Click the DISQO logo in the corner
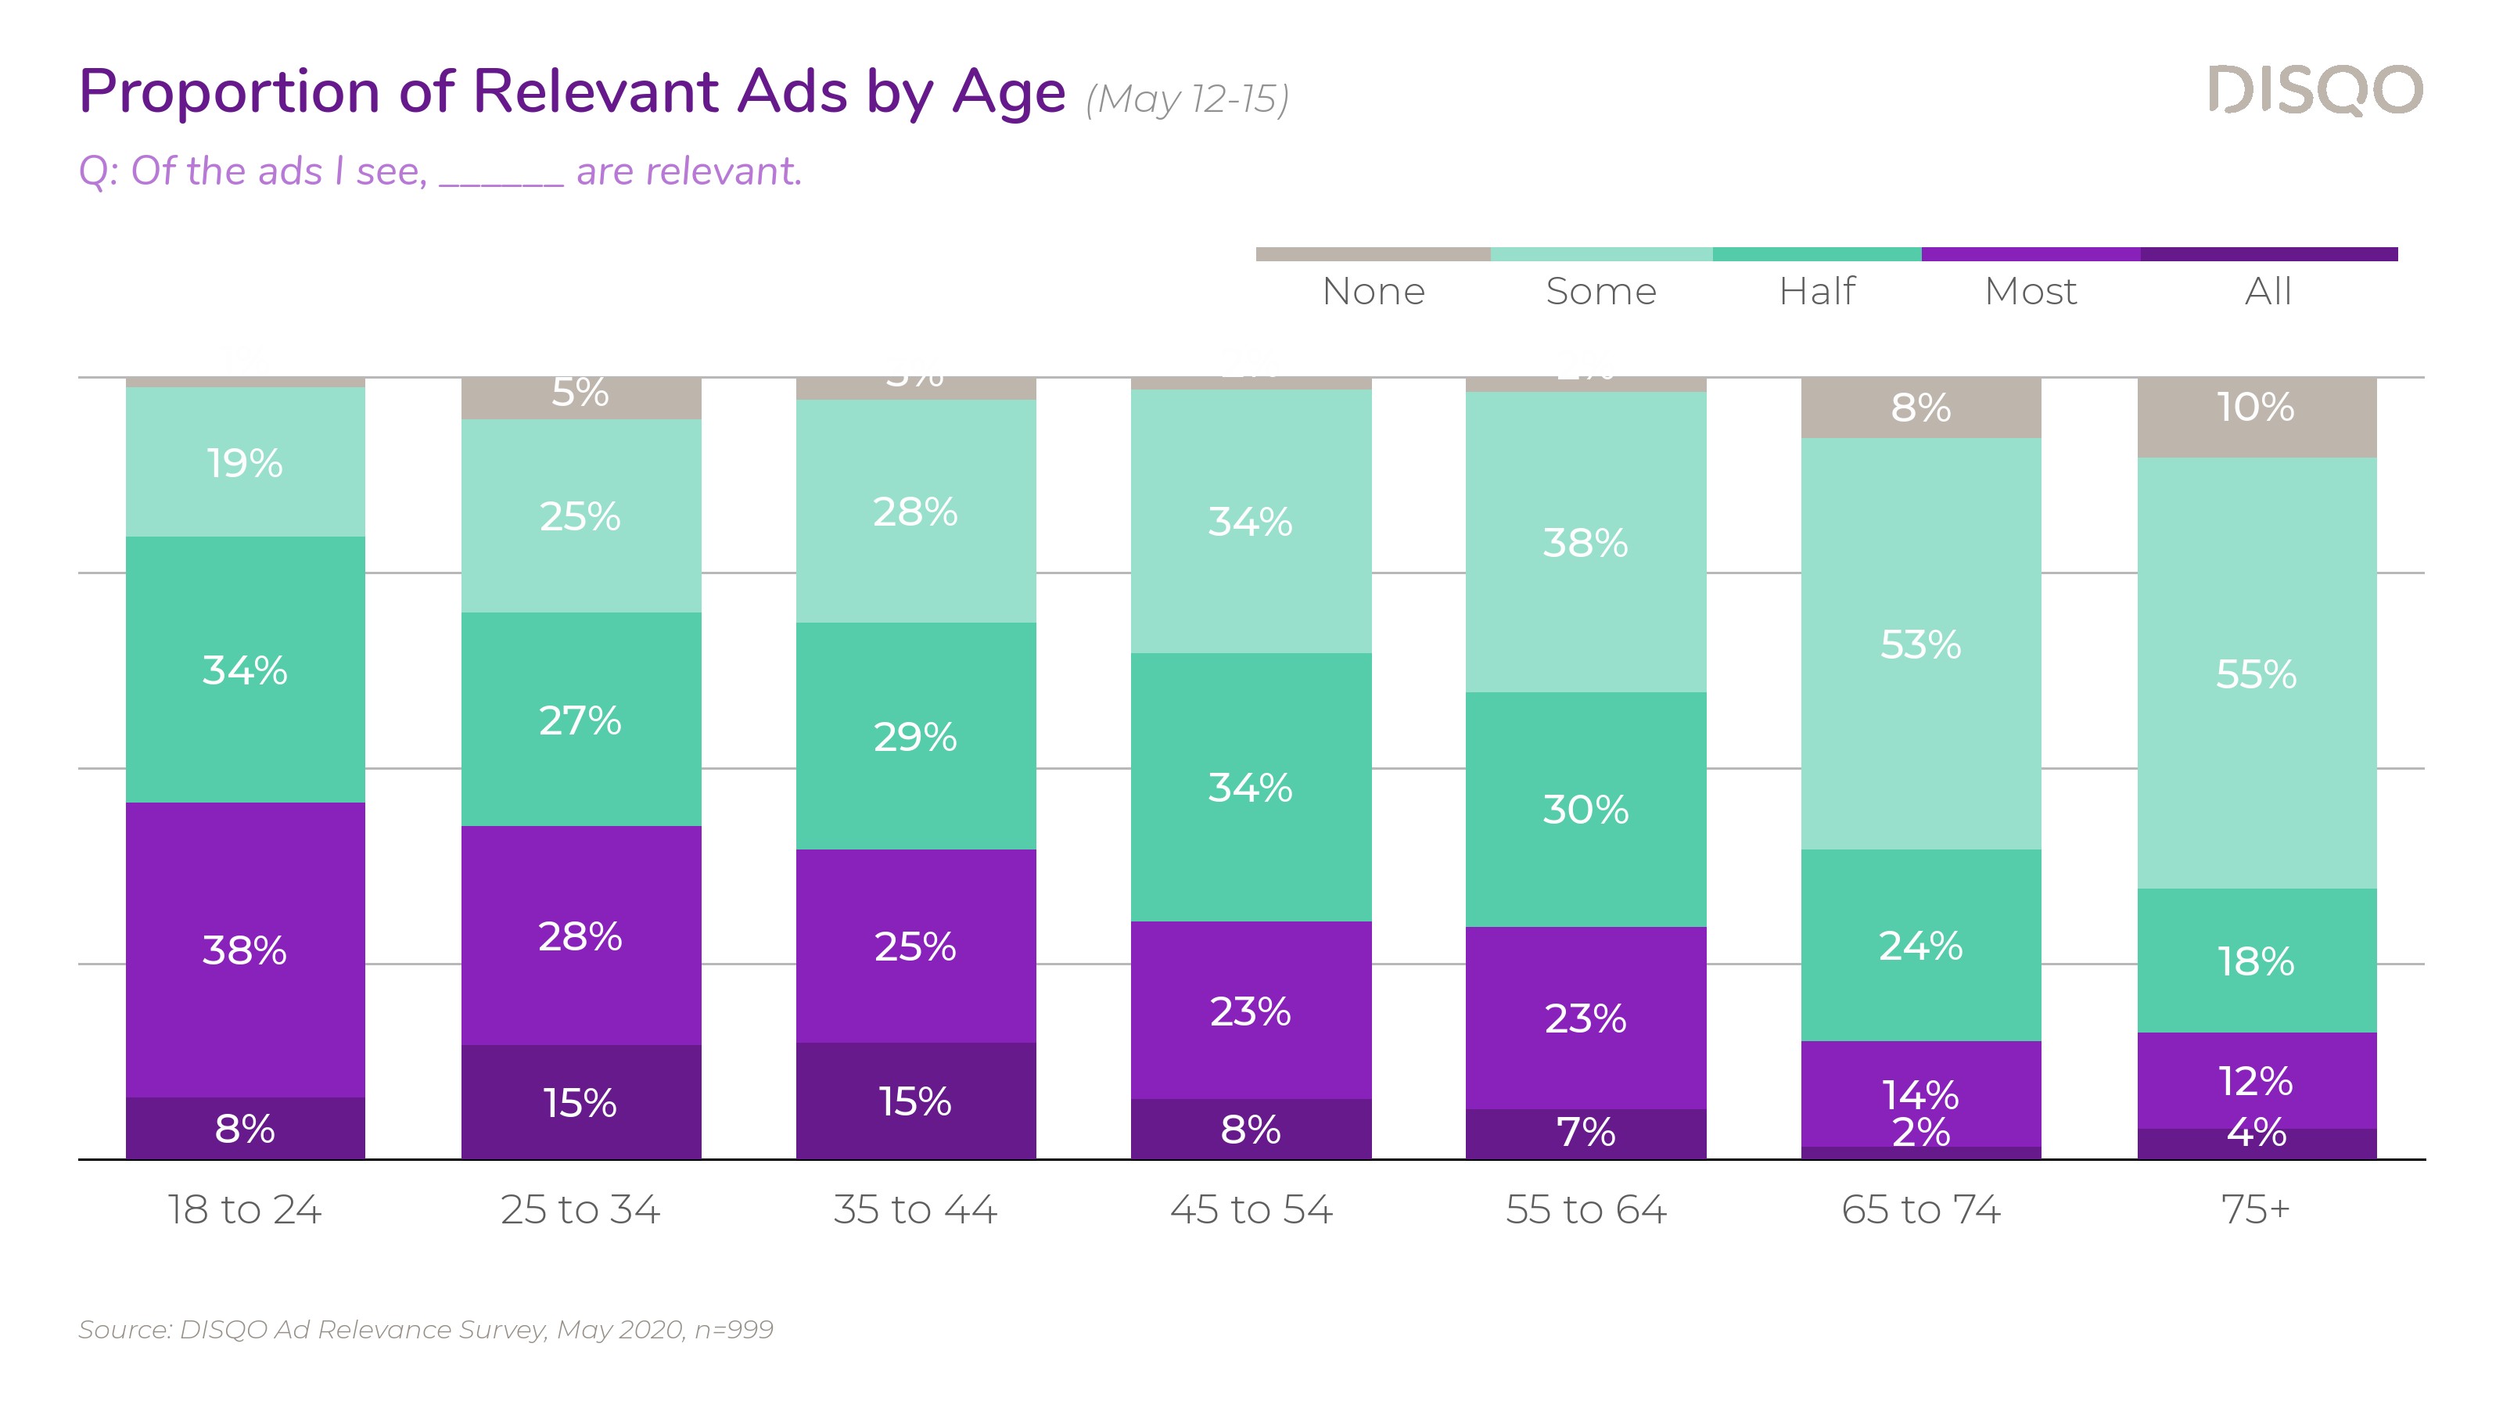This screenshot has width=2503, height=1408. [2314, 91]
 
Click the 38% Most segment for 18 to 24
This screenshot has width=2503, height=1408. [245, 950]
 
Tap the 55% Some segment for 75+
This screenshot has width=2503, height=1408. [2256, 673]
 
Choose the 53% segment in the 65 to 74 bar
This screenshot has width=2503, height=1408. [1921, 645]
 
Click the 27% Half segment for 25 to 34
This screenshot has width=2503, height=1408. [580, 720]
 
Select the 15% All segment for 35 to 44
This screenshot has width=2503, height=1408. [915, 1101]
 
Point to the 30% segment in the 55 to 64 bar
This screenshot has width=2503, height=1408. [1585, 809]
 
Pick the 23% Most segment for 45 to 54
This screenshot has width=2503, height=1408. [1251, 1011]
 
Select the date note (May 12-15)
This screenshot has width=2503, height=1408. [1187, 99]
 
